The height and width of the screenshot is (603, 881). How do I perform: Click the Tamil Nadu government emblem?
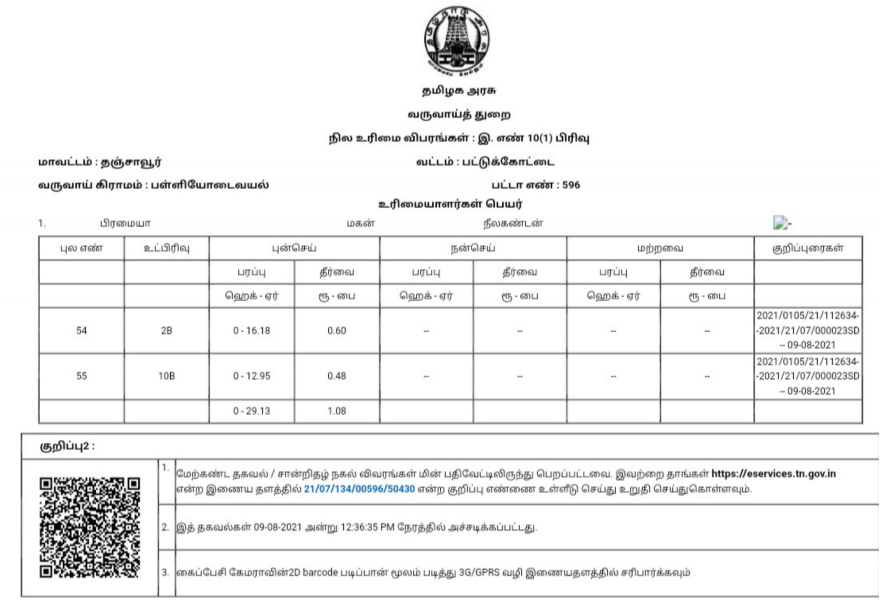pos(456,40)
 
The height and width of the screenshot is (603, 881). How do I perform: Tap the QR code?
pos(89,528)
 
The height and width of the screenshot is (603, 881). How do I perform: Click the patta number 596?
pos(571,185)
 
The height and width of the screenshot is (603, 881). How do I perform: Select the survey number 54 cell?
pos(82,331)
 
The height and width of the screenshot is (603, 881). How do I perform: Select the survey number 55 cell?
pos(82,376)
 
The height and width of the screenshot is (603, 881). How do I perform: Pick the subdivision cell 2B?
pos(167,331)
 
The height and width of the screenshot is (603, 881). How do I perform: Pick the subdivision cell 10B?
pos(167,376)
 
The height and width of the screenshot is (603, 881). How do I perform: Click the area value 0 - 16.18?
pos(252,331)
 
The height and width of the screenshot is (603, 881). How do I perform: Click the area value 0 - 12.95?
pos(252,376)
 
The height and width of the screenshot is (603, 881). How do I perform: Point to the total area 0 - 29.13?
pos(252,411)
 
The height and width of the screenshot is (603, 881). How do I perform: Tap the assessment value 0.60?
pos(337,331)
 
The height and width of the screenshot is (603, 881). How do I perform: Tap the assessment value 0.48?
pos(337,376)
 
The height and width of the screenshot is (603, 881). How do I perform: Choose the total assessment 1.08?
pos(337,411)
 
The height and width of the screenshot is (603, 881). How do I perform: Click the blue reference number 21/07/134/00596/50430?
pos(359,489)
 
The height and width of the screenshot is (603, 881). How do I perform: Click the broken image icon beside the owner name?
pos(780,223)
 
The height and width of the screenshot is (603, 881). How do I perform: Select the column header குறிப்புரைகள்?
pos(808,248)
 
